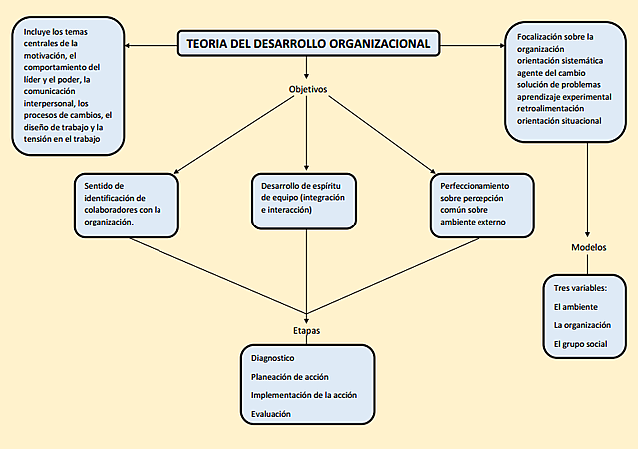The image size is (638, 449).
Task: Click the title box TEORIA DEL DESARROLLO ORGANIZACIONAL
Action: [x=308, y=44]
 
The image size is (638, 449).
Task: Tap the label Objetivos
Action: [x=308, y=89]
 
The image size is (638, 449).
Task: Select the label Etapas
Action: [x=307, y=330]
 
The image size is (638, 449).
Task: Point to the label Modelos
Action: [x=589, y=247]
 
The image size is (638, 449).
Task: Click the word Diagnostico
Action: [x=273, y=358]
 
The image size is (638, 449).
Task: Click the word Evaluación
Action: [x=272, y=414]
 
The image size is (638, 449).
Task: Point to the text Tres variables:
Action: [x=580, y=289]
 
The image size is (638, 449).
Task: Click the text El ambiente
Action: [x=576, y=307]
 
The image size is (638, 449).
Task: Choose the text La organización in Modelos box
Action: [x=582, y=325]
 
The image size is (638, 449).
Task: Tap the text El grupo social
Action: [x=580, y=344]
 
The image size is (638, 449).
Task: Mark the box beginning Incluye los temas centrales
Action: [x=69, y=89]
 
